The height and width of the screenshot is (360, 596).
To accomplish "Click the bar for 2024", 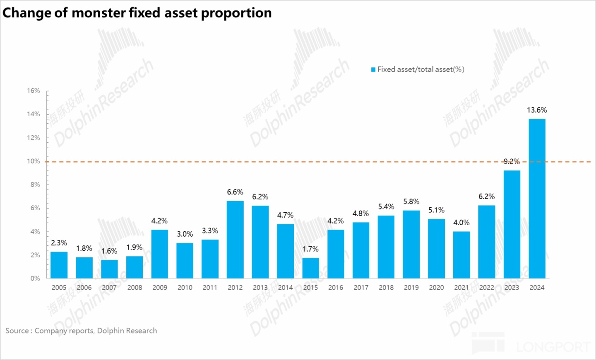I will pos(537,199).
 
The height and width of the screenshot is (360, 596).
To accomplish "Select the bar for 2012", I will pos(235,240).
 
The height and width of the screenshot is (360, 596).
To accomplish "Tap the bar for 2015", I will pos(310,268).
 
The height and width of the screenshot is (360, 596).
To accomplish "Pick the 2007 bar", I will pos(109,269).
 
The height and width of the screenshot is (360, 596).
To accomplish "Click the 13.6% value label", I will pos(537,110).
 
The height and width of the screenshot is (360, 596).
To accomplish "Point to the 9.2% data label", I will pos(512,161).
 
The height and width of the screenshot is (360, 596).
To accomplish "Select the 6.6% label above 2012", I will pos(235,192).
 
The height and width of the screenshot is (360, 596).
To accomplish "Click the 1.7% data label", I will pos(310,249).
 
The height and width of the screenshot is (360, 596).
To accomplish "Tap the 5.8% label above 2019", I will pos(411,202).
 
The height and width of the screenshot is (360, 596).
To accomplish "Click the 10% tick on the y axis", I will pos(34,161).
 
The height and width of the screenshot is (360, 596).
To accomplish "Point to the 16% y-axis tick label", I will pos(34,91).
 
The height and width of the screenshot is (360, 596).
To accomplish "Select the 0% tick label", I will pos(35,278).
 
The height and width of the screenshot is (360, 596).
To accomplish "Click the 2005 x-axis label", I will pos(59,288).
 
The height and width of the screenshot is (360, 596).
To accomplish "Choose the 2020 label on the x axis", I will pos(436,288).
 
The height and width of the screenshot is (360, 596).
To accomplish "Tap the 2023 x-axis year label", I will pos(512,288).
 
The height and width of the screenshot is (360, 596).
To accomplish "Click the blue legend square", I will pos(373,70).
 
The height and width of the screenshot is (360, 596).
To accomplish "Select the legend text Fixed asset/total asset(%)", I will pos(421,70).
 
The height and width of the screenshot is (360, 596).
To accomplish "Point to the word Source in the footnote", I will pos(17,331).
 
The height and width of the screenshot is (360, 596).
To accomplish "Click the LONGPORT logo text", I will pos(553,347).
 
